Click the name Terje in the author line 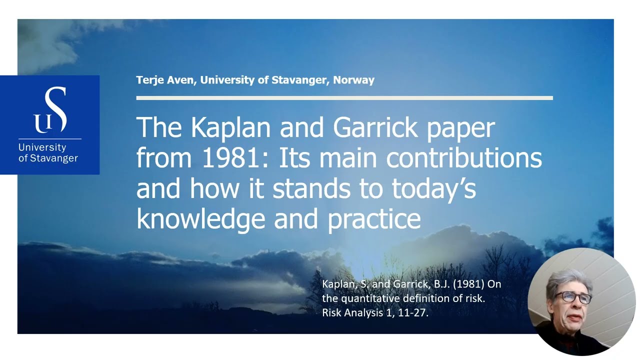(x=150, y=80)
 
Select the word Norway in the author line (x=353, y=80)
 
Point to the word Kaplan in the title (x=230, y=127)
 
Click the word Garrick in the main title (x=375, y=127)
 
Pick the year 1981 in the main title (x=230, y=158)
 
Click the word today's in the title (x=433, y=188)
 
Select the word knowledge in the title (x=201, y=219)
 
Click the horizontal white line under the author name (x=344, y=98)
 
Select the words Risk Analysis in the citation (x=352, y=313)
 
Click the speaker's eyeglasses (x=573, y=297)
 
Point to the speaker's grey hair (x=568, y=281)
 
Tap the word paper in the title (x=461, y=129)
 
